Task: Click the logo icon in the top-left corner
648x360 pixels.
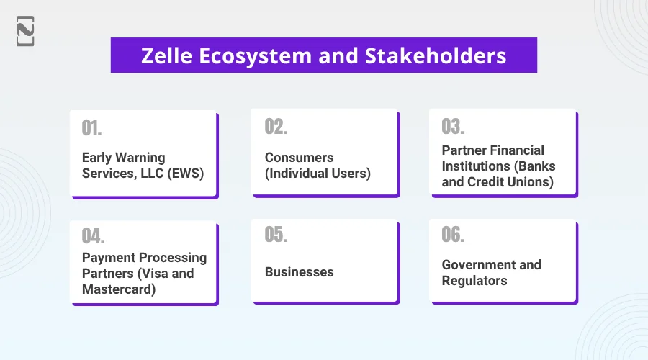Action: [25, 31]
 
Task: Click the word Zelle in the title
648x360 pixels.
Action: [167, 55]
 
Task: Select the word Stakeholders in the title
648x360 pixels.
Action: [436, 55]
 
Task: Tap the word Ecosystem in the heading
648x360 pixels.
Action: [256, 56]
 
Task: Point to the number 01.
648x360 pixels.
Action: [91, 128]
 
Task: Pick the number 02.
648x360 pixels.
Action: [276, 127]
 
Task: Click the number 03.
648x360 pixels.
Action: [453, 127]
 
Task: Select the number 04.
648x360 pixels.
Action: [94, 236]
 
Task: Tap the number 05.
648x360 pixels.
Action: [276, 234]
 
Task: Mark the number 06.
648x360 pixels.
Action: [453, 234]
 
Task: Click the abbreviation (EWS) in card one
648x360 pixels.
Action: [186, 174]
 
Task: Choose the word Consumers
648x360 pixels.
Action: [300, 158]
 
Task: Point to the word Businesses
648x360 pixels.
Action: [300, 272]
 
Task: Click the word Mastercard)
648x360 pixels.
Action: [119, 289]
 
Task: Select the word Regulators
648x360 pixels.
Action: [474, 281]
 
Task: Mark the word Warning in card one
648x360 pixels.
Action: [140, 158]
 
